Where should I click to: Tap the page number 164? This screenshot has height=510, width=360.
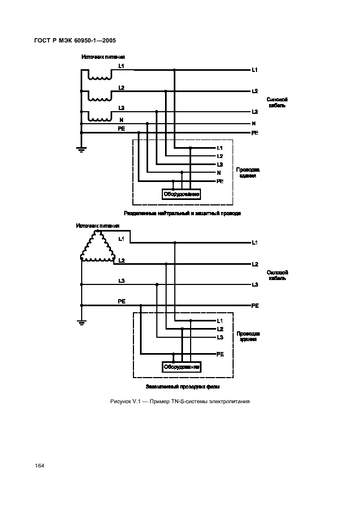(39, 465)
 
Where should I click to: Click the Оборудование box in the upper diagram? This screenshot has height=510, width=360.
(181, 194)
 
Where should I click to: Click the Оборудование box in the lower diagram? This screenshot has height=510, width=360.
(181, 367)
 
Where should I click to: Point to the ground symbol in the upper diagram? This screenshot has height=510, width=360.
(81, 148)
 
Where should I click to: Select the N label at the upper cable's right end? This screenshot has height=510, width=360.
(254, 124)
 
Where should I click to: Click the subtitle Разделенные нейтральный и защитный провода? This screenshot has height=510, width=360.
(182, 214)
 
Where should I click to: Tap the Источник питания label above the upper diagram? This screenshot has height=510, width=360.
(103, 57)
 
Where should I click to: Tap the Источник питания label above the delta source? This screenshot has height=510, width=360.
(98, 225)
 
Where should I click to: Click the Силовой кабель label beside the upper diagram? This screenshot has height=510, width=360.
(277, 102)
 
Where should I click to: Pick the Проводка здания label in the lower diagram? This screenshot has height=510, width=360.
(248, 336)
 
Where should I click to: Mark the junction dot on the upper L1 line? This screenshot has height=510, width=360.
(174, 70)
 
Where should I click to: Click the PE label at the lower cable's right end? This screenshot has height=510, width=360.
(254, 306)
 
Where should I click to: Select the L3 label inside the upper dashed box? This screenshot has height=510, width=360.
(219, 165)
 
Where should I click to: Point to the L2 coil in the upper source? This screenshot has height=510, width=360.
(99, 99)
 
